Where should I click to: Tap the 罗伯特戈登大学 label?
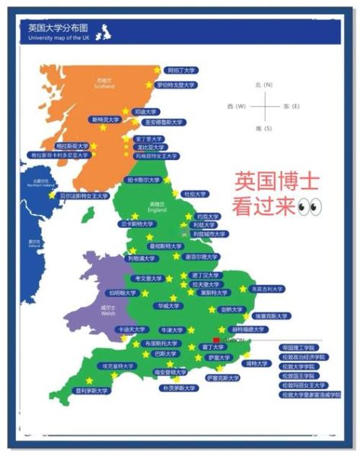point(176,85)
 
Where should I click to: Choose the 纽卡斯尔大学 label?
point(142,181)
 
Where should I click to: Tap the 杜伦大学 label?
point(195,194)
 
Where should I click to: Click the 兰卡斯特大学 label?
point(136,225)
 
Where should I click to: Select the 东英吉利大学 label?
point(267,289)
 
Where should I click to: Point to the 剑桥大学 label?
point(231,310)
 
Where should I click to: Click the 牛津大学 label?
point(171,331)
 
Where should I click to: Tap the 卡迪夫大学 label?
point(130,330)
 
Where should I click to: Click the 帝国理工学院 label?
point(303,347)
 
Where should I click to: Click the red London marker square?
point(218,339)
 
